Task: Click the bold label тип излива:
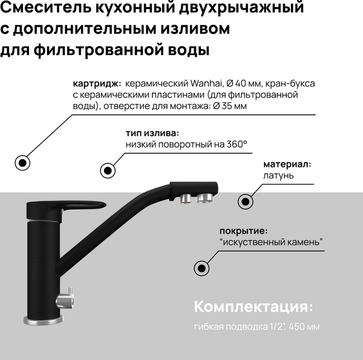pos(152,133)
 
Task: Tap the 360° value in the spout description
pos(235,144)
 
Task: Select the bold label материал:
pos(287,164)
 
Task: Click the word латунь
pos(278,175)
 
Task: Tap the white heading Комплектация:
pos(254,307)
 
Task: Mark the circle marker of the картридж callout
pos(22,162)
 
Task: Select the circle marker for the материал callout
pos(245,201)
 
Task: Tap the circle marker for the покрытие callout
pos(200,268)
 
